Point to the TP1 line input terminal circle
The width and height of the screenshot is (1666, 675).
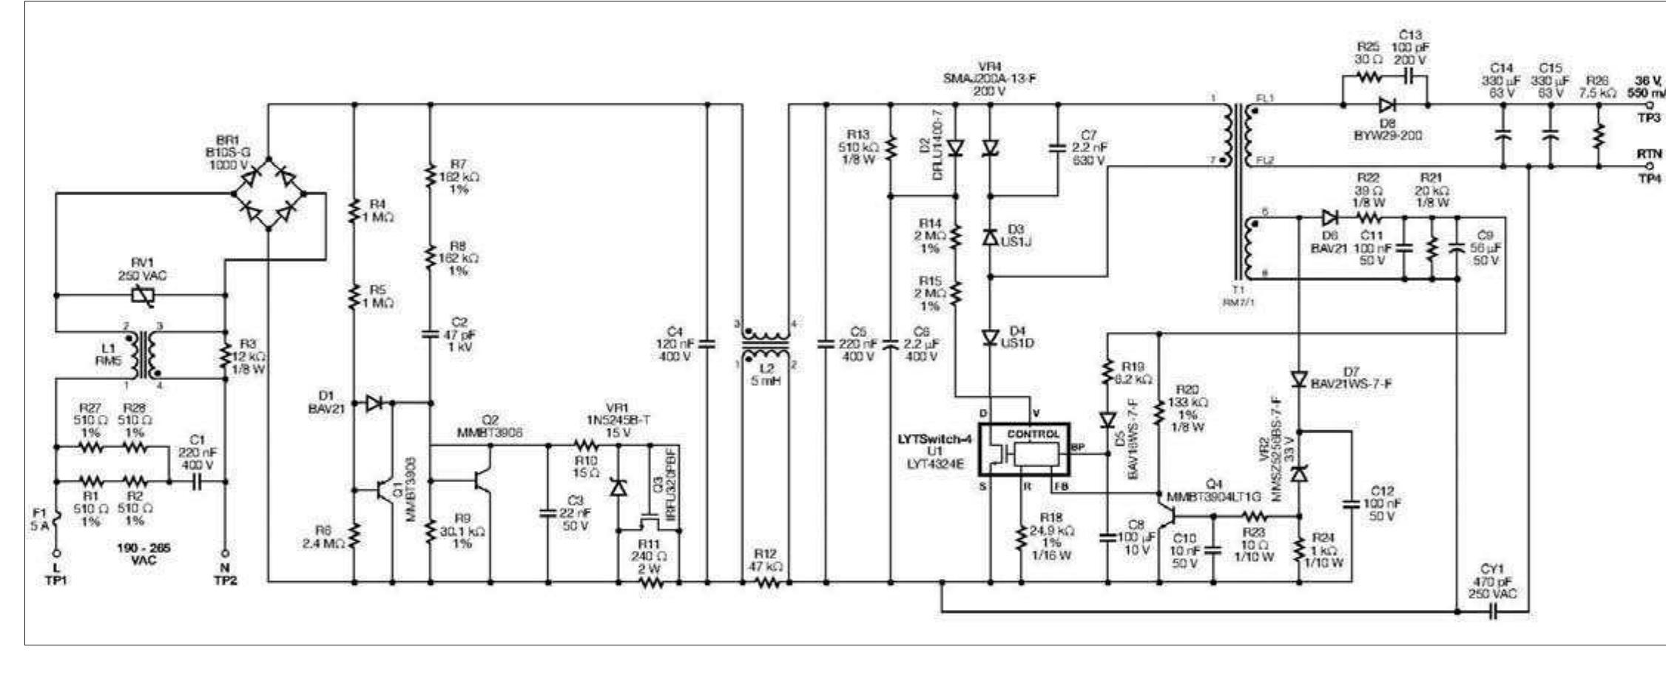[x=56, y=553]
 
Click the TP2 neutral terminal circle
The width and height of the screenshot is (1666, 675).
[x=225, y=553]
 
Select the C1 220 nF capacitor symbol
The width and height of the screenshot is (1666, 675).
[x=197, y=482]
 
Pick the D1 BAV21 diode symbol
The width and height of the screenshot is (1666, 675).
[x=374, y=403]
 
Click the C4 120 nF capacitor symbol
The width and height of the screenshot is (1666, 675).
[x=707, y=344]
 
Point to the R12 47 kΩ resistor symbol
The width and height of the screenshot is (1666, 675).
[x=767, y=583]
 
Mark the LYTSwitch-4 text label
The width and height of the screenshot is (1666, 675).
[x=934, y=438]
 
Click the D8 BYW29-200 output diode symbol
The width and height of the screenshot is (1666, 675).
[x=1386, y=106]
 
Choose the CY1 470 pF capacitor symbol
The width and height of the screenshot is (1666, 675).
[x=1493, y=612]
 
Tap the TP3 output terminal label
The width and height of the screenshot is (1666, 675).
[x=1648, y=118]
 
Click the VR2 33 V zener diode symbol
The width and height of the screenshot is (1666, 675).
[x=1298, y=473]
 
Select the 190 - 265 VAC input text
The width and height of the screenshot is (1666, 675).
[x=143, y=554]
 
